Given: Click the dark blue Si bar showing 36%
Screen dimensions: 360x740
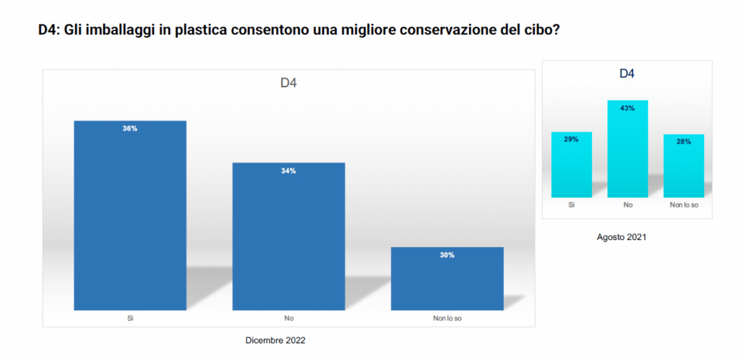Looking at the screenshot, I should pos(130,217).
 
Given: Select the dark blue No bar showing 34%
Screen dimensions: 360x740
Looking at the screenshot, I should pos(288,239).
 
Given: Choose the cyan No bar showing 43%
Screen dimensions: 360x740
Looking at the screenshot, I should pos(627,152).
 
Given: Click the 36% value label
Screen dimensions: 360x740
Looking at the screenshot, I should pos(130,129).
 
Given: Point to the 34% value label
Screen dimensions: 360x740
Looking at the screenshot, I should pos(288,171).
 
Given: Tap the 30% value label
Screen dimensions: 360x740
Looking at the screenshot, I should pos(447,255).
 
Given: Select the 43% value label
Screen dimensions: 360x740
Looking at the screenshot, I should pos(627,108).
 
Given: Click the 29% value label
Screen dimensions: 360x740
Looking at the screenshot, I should pos(571,140).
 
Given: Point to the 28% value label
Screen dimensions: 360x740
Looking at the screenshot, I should pos(684,142).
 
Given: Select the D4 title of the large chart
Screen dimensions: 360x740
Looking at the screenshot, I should pos(288,82).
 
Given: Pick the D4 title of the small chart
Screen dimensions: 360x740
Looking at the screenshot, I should pos(627,74).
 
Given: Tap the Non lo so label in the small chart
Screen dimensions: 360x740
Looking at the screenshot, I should pos(684,206).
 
